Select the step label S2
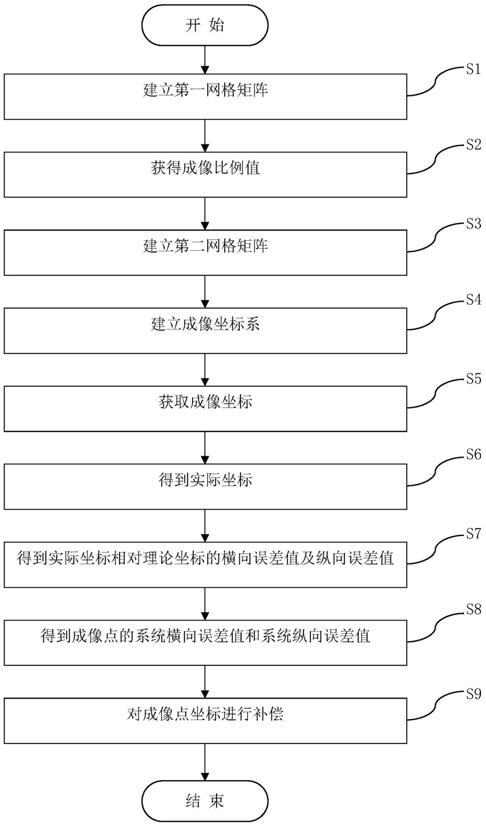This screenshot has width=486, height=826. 473,146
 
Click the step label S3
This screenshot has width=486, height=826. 473,224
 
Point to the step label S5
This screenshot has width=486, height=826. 473,379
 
